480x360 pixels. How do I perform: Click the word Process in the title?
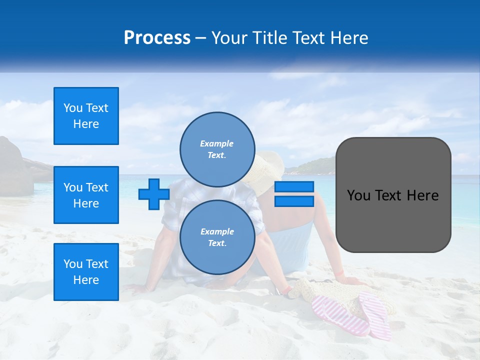click(x=157, y=38)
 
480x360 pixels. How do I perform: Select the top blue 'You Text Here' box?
click(x=86, y=116)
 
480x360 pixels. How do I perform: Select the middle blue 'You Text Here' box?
click(x=86, y=195)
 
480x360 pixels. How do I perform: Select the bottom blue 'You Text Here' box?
click(x=86, y=272)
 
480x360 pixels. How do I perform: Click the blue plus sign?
click(x=154, y=194)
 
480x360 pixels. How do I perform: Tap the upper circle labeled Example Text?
click(x=217, y=149)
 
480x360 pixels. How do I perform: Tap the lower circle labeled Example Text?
click(x=217, y=237)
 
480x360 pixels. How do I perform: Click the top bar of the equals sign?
click(x=294, y=186)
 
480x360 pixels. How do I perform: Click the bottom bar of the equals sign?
click(x=294, y=201)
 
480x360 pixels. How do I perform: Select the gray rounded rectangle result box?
click(x=393, y=195)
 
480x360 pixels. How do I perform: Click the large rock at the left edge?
click(x=14, y=167)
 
